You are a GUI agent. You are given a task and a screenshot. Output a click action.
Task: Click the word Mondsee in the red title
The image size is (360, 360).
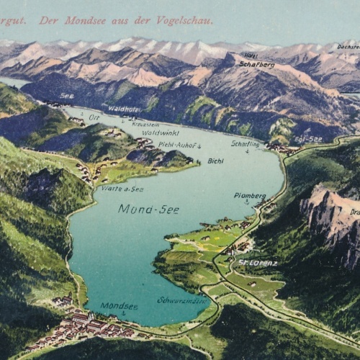click(84, 21)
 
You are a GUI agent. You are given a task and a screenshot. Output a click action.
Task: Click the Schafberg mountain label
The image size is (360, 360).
click(256, 64)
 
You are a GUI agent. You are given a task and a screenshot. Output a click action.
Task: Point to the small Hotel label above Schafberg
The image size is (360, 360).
click(251, 55)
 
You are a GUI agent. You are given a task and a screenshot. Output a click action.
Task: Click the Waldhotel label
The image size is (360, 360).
click(124, 109)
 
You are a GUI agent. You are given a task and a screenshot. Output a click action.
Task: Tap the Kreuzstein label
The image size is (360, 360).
click(145, 124)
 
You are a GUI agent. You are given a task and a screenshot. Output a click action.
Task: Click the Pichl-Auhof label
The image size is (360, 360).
click(178, 145)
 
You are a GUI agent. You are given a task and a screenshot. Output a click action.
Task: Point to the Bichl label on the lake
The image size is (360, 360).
click(215, 161)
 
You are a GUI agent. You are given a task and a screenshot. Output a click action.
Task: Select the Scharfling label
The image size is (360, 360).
click(245, 143)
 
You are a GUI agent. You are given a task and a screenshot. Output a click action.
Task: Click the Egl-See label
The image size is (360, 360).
click(308, 139)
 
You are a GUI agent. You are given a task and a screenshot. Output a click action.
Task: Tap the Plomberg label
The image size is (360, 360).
click(249, 195)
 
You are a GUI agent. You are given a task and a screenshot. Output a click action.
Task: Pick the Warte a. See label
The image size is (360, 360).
click(122, 189)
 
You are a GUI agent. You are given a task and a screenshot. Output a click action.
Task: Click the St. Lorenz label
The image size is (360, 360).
click(258, 263)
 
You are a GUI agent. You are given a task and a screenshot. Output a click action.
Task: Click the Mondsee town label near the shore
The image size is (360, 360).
click(119, 305)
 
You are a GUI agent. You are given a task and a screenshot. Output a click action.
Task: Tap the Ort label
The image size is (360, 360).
click(94, 117)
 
